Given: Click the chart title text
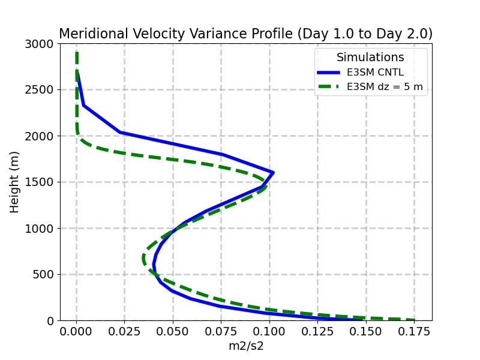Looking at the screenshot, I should pos(245,34).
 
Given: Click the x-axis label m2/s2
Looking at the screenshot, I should pos(246,346).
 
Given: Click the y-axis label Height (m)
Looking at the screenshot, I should pos(15,182).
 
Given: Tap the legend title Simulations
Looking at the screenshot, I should pos(370,58).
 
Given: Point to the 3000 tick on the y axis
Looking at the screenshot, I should pos(41,44).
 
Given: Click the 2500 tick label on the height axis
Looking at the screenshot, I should pos(41,90).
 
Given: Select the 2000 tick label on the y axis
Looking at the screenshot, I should pos(41,136).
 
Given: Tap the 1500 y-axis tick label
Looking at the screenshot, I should pos(41,182).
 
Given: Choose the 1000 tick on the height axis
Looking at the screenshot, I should pos(41,229).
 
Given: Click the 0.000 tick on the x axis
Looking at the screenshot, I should pos(77,331).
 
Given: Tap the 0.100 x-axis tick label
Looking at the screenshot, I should pos(269,331).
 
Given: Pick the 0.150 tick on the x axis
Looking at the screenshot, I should pos(366,331).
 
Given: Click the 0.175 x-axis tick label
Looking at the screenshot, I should pos(414,331).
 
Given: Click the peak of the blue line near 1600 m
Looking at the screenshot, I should pos(274,173).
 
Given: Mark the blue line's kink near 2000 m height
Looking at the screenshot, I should pos(120,133).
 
